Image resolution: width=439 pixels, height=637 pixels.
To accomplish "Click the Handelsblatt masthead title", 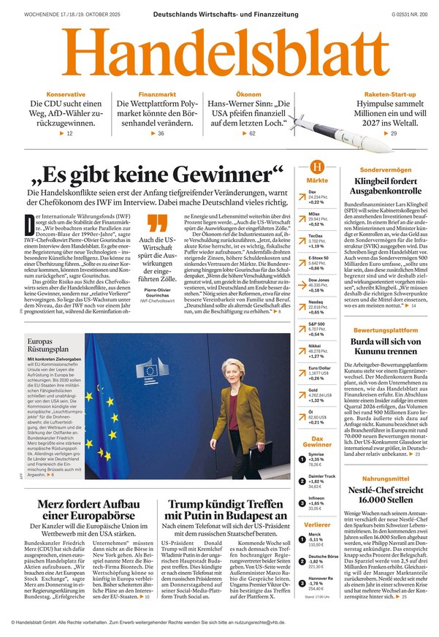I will coord(219,54).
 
